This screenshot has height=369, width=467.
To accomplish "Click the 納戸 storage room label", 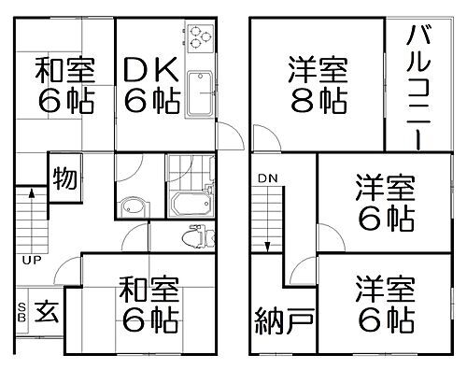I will tap(283, 322).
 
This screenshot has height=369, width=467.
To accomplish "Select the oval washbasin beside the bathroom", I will tap(134, 207).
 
